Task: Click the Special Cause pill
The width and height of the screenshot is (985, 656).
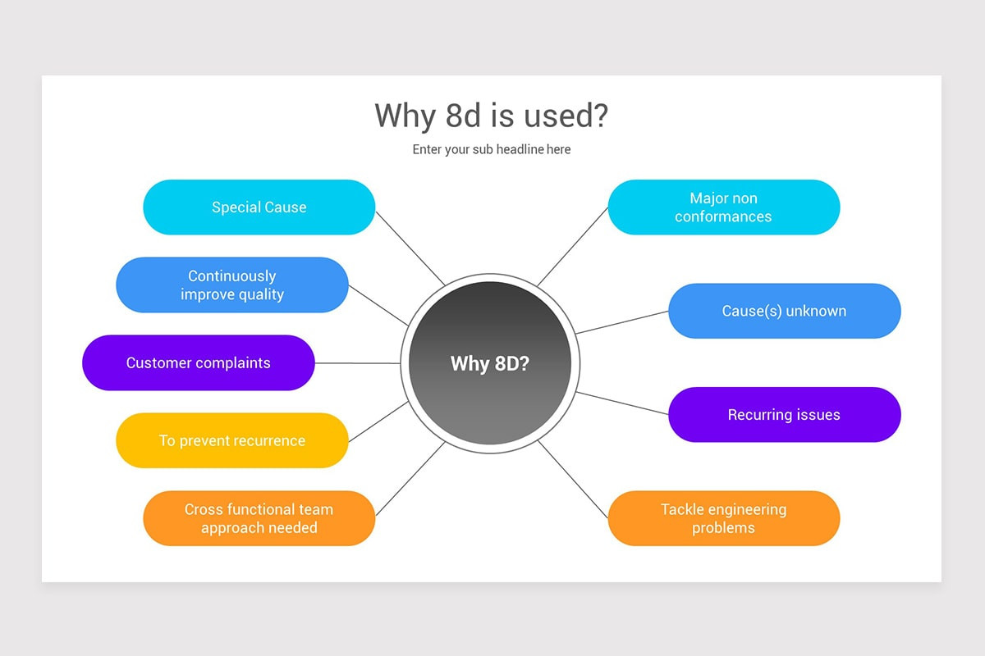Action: pos(259,207)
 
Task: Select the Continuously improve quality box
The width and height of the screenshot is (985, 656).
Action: pos(232,285)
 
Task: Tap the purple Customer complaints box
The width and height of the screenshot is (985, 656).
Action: pos(198,362)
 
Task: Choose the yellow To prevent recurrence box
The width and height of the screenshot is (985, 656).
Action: pos(232,440)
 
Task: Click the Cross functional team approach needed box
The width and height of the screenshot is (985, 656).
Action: pos(259,518)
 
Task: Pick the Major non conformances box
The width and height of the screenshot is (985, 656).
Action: pos(723,207)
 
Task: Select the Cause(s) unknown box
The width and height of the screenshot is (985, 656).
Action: pos(784,311)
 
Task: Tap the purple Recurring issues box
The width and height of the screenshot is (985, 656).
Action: pos(784,415)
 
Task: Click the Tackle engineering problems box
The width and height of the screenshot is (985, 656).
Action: pos(723,518)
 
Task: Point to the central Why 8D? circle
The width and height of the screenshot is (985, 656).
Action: pos(490,363)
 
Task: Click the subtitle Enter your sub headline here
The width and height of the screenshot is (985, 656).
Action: pos(491,149)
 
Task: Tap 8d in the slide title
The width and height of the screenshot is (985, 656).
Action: pos(465,116)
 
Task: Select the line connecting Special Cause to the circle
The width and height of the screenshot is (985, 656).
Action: pos(410,248)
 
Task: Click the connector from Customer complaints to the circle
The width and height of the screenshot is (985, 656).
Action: pos(357,362)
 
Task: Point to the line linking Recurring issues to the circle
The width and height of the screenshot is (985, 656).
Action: pos(622,403)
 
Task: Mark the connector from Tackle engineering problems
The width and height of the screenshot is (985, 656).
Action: pos(574,481)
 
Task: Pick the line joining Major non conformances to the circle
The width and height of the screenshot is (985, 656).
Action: pos(573,246)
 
